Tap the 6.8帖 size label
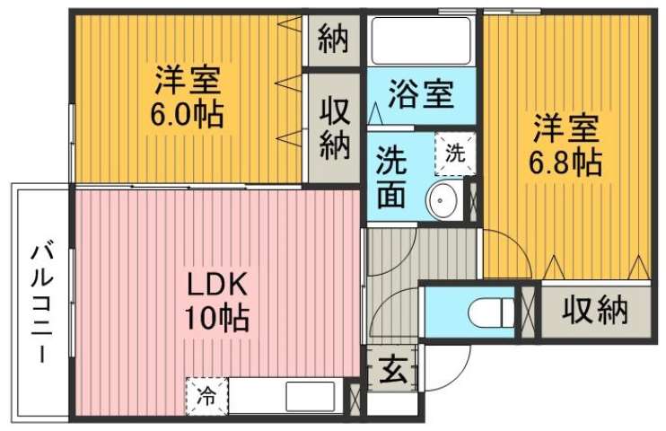pos(564,163)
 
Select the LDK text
pos(216,286)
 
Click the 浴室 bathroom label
pos(420,93)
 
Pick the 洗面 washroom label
pos(391,177)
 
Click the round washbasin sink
pos(443,199)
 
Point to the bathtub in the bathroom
pos(421,40)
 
